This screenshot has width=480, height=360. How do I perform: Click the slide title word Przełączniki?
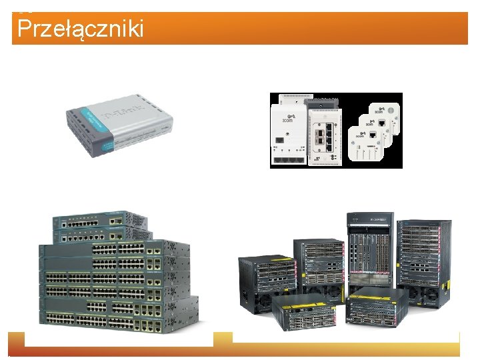(x=80, y=29)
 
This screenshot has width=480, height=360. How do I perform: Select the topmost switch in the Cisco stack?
(x=100, y=220)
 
